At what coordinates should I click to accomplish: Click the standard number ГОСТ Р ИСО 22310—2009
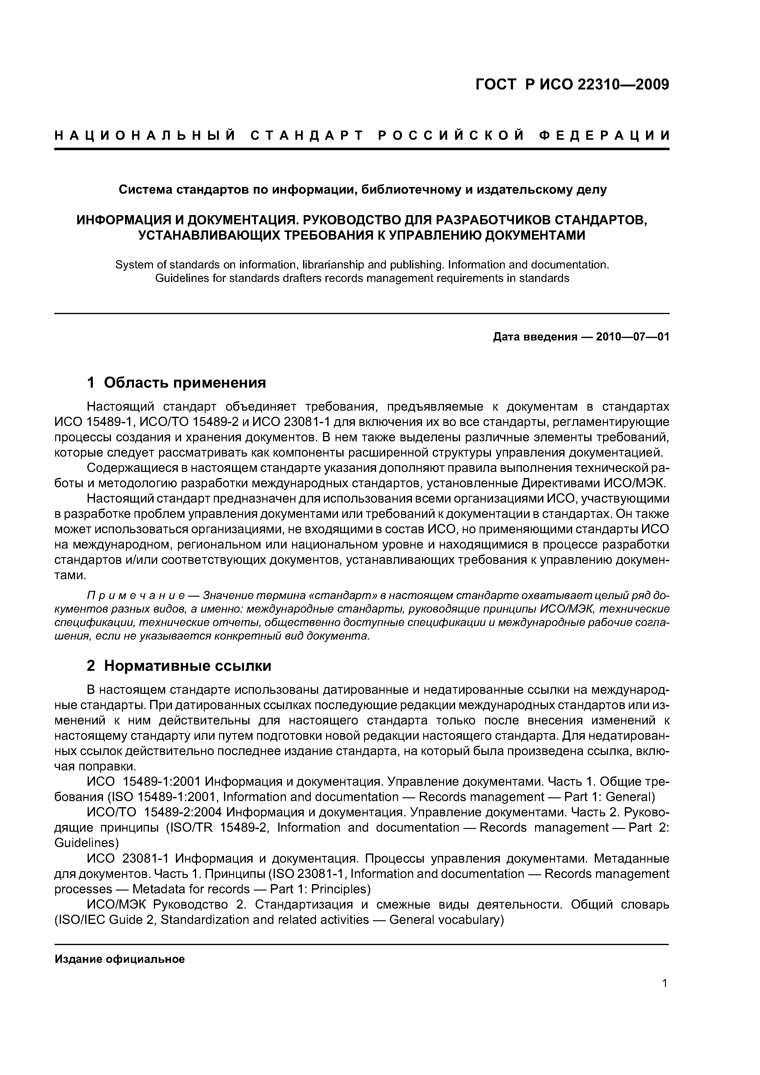point(572,85)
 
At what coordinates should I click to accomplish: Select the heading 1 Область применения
point(177,383)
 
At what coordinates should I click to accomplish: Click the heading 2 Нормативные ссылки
point(179,666)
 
